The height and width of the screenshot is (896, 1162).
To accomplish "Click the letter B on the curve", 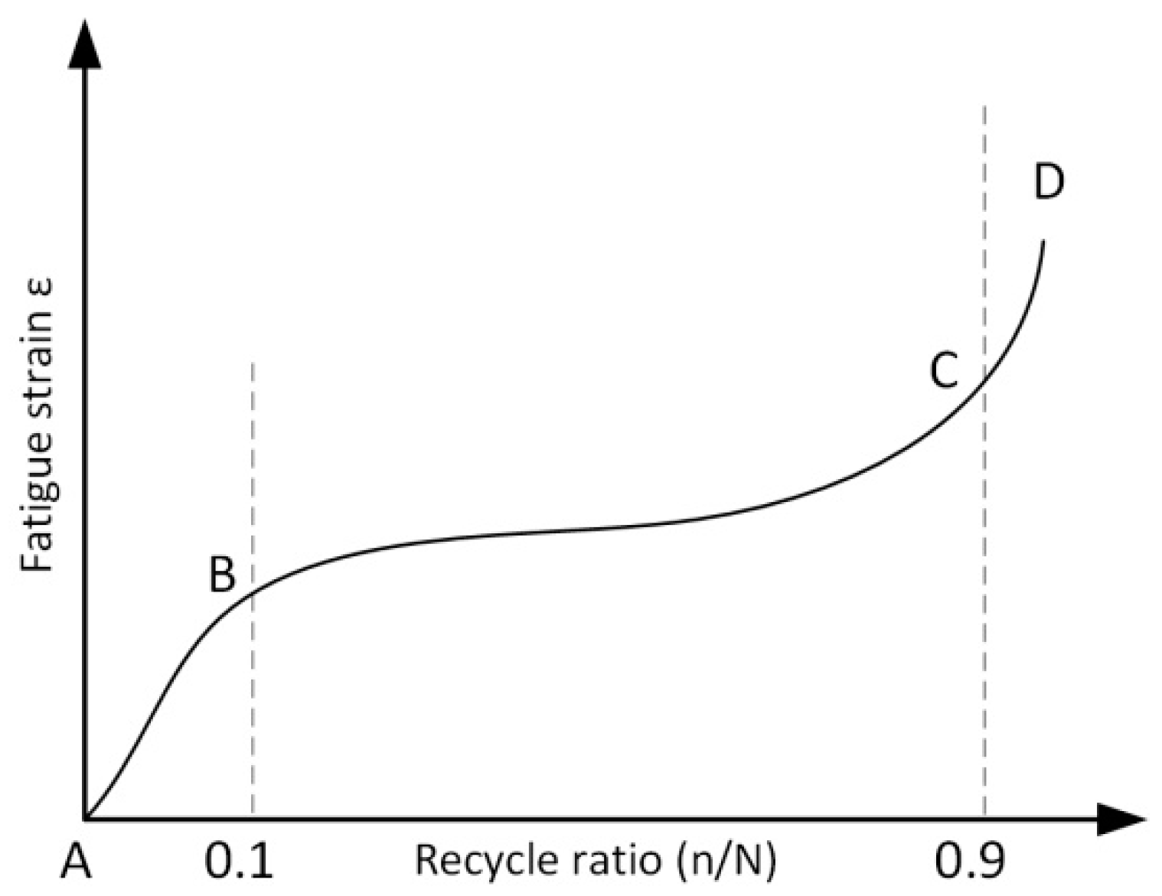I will click(x=222, y=574).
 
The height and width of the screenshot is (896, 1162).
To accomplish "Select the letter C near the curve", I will click(x=944, y=371).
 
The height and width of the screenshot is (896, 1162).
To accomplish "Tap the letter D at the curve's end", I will click(x=1048, y=182).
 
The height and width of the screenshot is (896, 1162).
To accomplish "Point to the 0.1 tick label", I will click(x=238, y=861).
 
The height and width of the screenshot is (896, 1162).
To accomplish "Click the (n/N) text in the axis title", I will click(x=726, y=861).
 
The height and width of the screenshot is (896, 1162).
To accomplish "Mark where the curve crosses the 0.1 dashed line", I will click(x=253, y=589).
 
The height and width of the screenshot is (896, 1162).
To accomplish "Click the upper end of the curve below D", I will click(x=1043, y=241).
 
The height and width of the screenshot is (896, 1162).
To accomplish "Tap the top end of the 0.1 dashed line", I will click(x=253, y=361).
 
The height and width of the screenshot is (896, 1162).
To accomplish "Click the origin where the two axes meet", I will click(x=84, y=819).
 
